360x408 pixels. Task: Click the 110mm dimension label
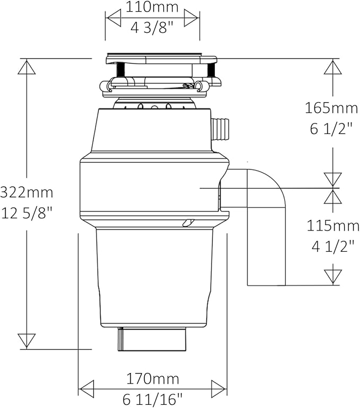coord(153,8)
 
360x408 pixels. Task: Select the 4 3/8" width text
coord(153,27)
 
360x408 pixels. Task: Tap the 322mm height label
coord(27,191)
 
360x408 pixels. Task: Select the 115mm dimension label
coord(333,226)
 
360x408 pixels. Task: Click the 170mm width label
coord(153,379)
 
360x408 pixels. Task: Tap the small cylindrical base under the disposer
coord(152,339)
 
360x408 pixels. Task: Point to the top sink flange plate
coord(154,55)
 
